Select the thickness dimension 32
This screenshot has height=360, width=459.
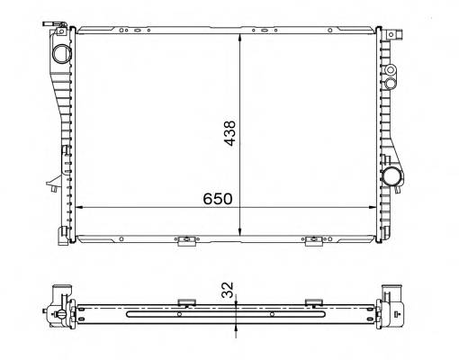point(228,289)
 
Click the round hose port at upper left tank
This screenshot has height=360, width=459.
point(60,52)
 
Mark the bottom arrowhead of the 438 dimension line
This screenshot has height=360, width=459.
point(239,231)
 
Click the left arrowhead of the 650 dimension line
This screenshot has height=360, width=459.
point(82,207)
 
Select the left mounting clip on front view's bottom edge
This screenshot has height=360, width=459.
point(186,240)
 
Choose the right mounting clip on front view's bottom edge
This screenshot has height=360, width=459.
point(314,240)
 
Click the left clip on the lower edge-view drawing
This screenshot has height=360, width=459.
point(187,301)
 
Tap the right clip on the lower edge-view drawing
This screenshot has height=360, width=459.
point(314,301)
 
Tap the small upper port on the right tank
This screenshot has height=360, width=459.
point(391,70)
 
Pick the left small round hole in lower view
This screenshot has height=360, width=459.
point(179,315)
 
